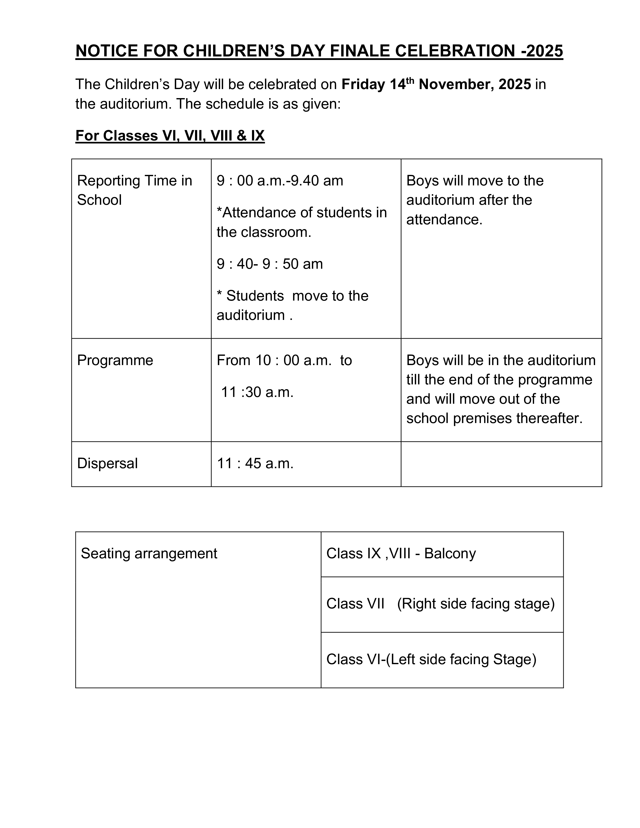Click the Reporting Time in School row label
pos(135,190)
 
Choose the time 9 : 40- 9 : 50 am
pos(270,264)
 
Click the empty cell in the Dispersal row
pos(501,464)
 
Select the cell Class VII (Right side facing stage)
pos(440,604)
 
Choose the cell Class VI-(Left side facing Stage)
pos(431,660)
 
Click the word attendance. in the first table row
pos(444,220)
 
